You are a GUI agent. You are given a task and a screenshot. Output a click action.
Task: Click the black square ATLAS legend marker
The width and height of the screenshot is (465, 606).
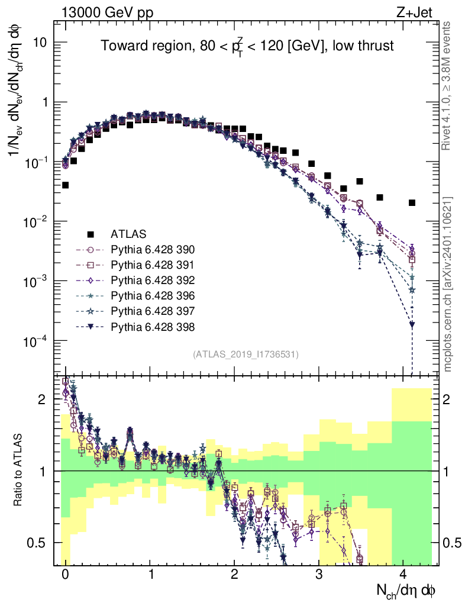[x=91, y=234]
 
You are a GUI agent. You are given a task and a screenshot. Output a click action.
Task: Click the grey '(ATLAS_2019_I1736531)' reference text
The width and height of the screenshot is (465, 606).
[x=246, y=354]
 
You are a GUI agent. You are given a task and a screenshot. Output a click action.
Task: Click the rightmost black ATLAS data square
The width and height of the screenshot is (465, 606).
[x=412, y=203]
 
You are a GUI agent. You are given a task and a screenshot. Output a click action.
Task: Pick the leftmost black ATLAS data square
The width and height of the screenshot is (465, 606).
[x=65, y=185]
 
